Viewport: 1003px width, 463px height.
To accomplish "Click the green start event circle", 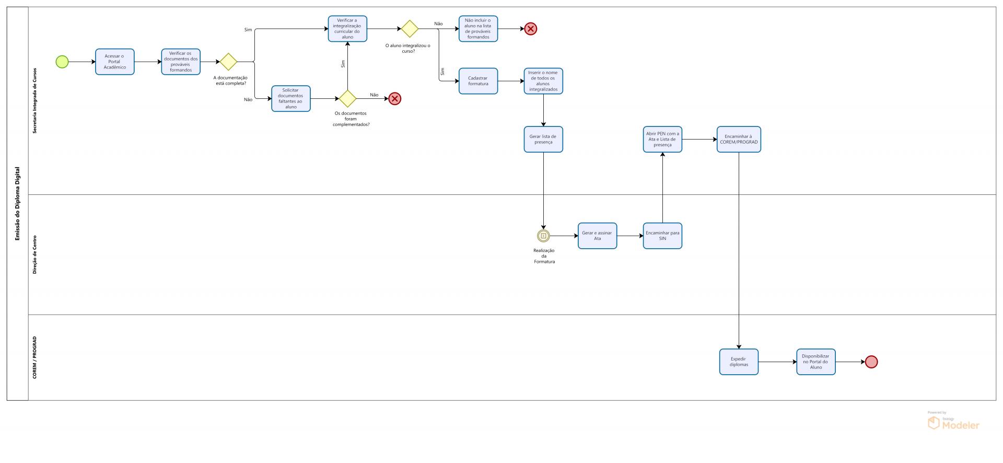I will (62, 62).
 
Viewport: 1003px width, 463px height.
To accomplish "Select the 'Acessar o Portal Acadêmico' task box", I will (114, 62).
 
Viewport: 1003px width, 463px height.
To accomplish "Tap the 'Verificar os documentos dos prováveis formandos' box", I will (181, 62).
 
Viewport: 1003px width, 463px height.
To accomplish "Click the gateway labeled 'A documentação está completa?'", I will (228, 62).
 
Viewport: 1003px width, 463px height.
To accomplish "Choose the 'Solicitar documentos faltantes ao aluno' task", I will (291, 99).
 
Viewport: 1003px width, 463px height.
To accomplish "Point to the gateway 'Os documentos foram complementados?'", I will (347, 99).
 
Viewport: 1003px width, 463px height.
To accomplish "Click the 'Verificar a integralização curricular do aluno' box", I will (347, 29).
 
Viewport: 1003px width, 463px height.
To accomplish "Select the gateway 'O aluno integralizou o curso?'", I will (410, 29).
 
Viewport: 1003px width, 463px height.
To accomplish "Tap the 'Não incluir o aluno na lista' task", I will (478, 29).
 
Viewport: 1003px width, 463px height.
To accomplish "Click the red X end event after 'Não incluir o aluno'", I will (531, 29).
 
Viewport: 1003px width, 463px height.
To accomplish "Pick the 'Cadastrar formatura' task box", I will (478, 81).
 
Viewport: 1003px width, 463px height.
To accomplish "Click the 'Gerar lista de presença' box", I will (543, 140).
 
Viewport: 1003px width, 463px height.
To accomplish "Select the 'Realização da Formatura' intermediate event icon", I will (543, 236).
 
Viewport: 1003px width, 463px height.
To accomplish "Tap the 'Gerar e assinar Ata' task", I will (597, 236).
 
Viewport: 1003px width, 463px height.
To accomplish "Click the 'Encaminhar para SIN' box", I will (662, 236).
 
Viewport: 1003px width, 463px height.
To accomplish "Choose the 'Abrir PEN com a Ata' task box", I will (662, 140).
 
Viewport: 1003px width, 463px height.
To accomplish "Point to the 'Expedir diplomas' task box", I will (739, 362).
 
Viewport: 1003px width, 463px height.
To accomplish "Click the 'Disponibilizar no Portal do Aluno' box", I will (815, 362).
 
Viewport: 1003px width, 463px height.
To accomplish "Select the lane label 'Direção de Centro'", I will (35, 254).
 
